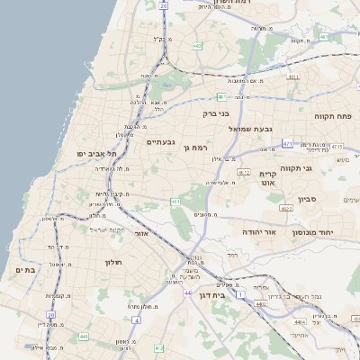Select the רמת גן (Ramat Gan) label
194,148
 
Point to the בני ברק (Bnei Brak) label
216,114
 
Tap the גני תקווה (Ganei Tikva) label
320,168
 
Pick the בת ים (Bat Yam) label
24,270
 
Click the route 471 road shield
287,143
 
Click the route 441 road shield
84,337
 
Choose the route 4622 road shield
286,208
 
